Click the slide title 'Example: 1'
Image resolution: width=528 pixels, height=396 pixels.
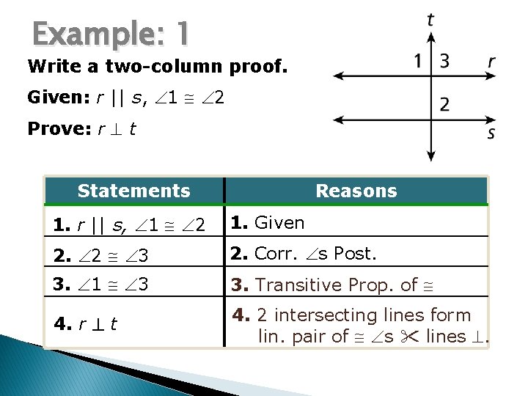click(x=111, y=34)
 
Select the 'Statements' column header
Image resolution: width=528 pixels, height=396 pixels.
click(x=133, y=191)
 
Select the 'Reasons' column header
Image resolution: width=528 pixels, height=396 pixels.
click(x=356, y=191)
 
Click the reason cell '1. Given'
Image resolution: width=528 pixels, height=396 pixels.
click(x=268, y=221)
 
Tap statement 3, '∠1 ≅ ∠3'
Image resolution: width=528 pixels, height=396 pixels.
click(x=100, y=284)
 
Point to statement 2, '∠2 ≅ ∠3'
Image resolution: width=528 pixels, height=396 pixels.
click(x=100, y=254)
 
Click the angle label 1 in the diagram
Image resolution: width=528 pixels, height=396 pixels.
click(x=418, y=61)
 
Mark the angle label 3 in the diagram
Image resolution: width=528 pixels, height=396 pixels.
click(x=444, y=61)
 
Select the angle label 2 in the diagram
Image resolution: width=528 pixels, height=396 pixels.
click(x=444, y=104)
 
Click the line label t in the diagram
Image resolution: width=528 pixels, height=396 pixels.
click(x=430, y=19)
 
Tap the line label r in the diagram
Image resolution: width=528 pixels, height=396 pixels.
click(x=491, y=62)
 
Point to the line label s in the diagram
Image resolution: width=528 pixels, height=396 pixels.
click(x=490, y=133)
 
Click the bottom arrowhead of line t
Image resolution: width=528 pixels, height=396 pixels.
click(x=430, y=155)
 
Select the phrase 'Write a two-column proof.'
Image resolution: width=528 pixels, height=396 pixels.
click(x=158, y=67)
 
